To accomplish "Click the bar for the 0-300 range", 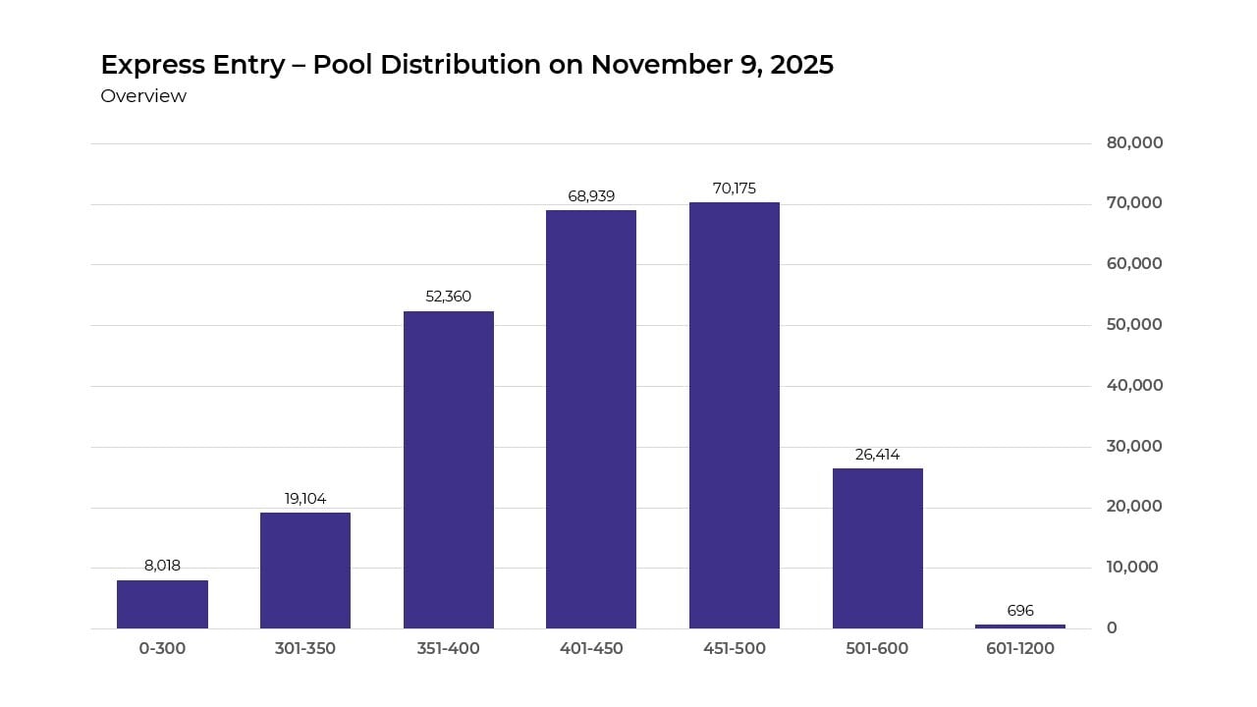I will pos(162,604).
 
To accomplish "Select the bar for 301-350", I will pos(305,571).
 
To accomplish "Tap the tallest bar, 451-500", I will pos(735,415).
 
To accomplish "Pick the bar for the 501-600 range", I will pos(878,548).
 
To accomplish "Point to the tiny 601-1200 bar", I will pos(1020,626).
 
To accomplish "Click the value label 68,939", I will pos(591,196).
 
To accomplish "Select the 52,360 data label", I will pos(449,297).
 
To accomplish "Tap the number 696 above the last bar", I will pos(1020,611).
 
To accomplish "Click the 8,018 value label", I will pos(162,566).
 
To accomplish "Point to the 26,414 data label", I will pos(878,455).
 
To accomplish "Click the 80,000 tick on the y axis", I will pos(1134,142).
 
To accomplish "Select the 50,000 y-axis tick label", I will pos(1134,324).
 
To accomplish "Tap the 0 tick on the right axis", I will pos(1112,627).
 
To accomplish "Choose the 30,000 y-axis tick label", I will pos(1134,446).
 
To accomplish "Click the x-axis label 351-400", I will pos(449,649).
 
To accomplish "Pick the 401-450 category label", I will pos(591,649).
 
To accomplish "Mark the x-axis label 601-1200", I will pos(1020,649).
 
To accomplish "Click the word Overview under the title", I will pos(143,96).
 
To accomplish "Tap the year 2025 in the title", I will pos(802,65).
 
